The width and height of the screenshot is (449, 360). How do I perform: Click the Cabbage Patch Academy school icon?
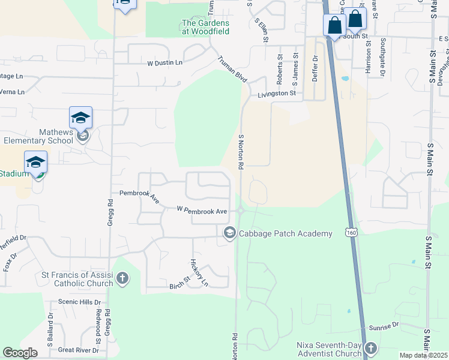[x=229, y=233]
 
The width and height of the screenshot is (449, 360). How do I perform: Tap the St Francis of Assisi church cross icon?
[x=122, y=278]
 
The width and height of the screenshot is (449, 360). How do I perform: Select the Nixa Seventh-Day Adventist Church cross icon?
[x=372, y=349]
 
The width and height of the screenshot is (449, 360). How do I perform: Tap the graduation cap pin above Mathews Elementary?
[x=80, y=118]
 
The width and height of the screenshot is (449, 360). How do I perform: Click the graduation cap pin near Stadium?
[x=36, y=162]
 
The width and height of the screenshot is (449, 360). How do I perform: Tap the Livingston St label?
[x=277, y=94]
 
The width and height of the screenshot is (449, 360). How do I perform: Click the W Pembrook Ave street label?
[x=202, y=211]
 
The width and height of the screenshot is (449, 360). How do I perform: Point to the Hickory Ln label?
[x=199, y=272]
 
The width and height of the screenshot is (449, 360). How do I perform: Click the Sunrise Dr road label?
[x=384, y=326]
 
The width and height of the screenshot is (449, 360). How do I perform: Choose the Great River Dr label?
[x=78, y=350]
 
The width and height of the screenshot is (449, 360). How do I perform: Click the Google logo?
[x=20, y=353]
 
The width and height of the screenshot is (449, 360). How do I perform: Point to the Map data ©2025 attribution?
[x=424, y=355]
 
